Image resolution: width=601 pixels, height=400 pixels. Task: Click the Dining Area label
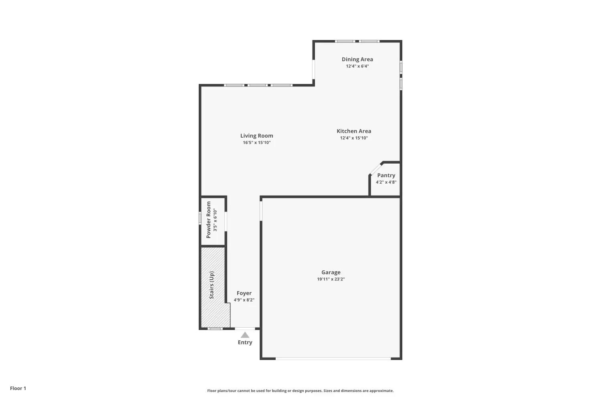pos(357,59)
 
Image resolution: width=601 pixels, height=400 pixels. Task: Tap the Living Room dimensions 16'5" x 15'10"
pos(257,142)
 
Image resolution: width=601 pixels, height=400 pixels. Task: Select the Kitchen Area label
pos(354,131)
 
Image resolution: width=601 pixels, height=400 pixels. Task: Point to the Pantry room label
pos(386,176)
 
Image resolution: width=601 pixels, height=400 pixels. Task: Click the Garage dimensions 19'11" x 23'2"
pos(331,279)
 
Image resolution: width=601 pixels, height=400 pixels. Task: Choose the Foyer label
pos(244,293)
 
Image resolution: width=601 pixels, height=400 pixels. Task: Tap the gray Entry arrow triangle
pos(245,335)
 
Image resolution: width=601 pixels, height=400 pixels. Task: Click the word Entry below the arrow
pos(245,342)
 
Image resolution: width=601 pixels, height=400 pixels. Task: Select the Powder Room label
pos(208,220)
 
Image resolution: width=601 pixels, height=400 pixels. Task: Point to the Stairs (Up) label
pos(212,285)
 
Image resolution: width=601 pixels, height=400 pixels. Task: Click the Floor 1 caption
pos(18,388)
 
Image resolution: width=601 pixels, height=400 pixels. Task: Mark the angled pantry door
pos(376,169)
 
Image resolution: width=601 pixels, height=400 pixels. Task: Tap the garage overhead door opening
pos(333,358)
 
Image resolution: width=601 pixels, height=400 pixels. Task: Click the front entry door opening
pos(245,328)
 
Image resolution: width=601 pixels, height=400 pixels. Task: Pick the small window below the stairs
pos(215,328)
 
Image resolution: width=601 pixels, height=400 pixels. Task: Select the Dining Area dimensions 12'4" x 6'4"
pos(357,66)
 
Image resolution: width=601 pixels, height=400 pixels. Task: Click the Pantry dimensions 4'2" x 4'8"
pos(386,182)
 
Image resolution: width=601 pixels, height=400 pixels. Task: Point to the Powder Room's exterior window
pos(200,218)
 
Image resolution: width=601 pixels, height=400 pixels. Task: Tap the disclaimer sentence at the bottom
pos(300,391)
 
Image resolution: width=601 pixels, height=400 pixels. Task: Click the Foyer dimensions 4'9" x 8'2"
pos(244,300)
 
